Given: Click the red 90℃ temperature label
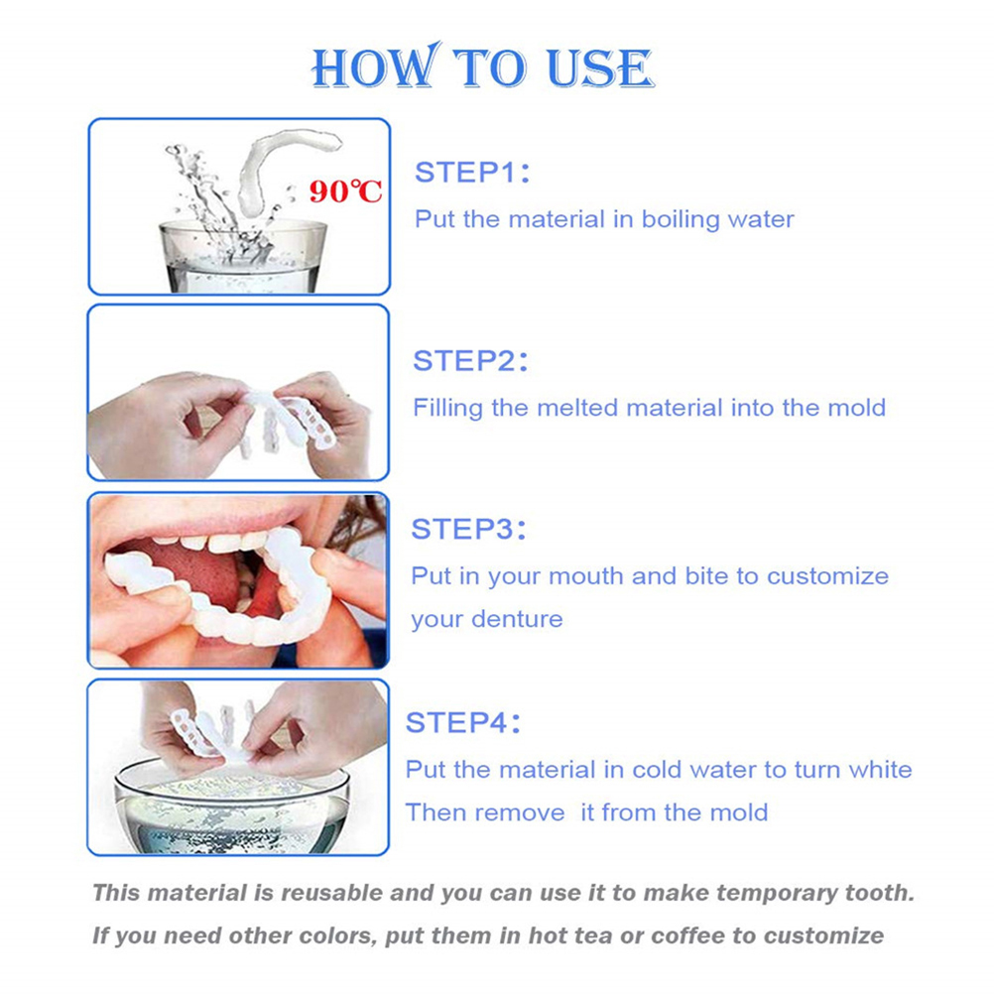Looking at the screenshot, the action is (x=345, y=190).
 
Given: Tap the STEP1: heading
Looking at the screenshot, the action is (x=472, y=173).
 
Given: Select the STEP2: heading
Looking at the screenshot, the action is (x=470, y=361).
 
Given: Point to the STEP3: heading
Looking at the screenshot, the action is (x=468, y=529).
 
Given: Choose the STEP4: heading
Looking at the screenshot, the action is (x=462, y=722).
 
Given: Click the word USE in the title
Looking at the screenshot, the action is (x=599, y=67).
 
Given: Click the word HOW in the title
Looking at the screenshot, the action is (x=377, y=65).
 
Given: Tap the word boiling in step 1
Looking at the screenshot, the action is (x=681, y=220).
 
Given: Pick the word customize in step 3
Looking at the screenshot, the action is (x=827, y=576).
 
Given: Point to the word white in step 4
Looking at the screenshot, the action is (x=880, y=770).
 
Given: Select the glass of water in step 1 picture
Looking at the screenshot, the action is (x=243, y=256).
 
